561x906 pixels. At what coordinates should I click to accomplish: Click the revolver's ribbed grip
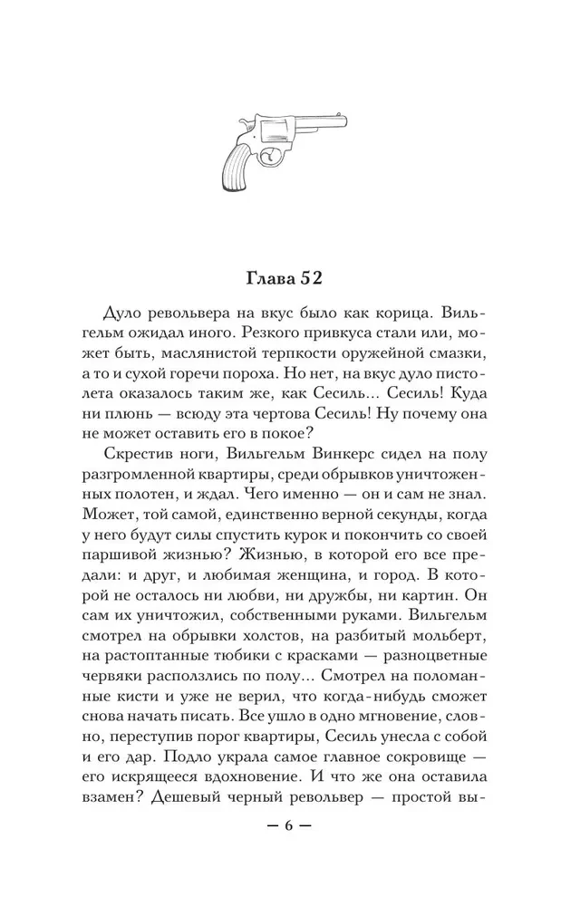point(237,167)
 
